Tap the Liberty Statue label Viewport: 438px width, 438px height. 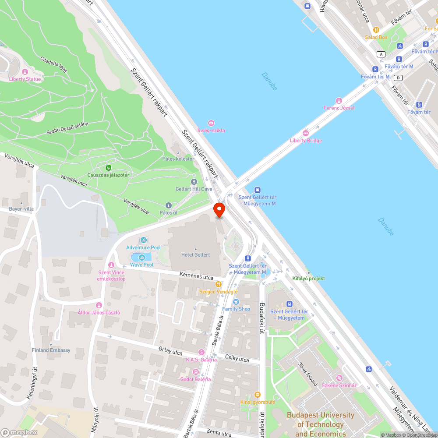pyautogui.click(x=25, y=79)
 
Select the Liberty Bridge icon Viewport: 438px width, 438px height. pyautogui.click(x=306, y=133)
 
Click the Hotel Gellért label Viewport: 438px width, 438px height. pyautogui.click(x=195, y=255)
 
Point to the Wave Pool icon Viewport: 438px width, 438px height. pyautogui.click(x=141, y=258)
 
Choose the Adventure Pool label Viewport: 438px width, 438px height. pyautogui.click(x=143, y=247)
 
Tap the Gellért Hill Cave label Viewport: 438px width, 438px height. pyautogui.click(x=194, y=189)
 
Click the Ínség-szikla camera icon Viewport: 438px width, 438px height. pyautogui.click(x=211, y=123)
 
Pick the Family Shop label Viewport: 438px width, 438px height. pyautogui.click(x=236, y=309)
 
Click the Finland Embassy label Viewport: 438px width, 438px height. pyautogui.click(x=51, y=350)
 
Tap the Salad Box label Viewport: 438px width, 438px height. pyautogui.click(x=376, y=37)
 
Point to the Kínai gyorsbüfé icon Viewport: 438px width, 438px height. pyautogui.click(x=257, y=395)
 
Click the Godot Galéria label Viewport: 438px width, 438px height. pyautogui.click(x=195, y=379)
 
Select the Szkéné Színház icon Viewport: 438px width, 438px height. pyautogui.click(x=339, y=378)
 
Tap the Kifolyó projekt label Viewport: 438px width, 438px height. pyautogui.click(x=308, y=278)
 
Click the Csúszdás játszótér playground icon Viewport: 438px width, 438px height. pyautogui.click(x=108, y=167)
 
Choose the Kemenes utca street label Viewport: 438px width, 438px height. pyautogui.click(x=196, y=276)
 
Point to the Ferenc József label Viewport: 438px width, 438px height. pyautogui.click(x=339, y=108)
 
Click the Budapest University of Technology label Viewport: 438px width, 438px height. pyautogui.click(x=320, y=424)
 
